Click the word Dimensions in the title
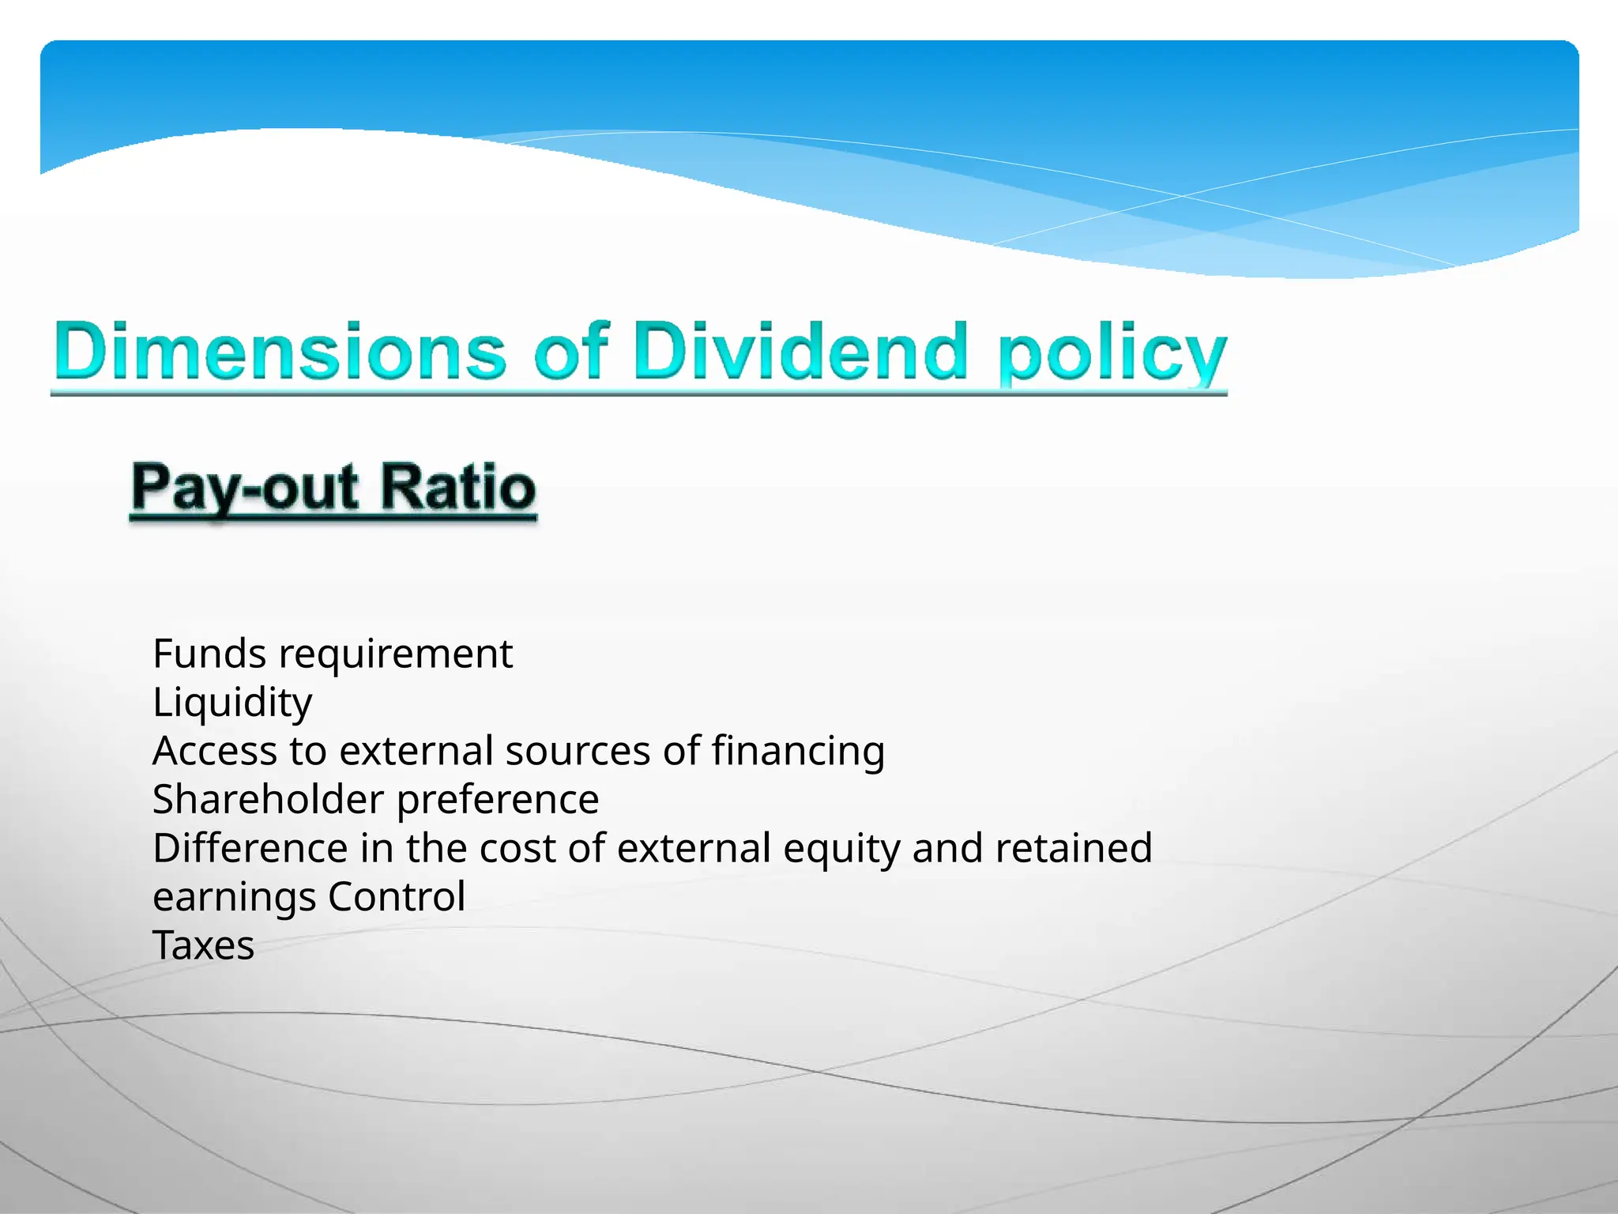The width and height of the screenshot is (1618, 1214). point(280,350)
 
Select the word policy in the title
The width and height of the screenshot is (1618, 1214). point(1112,354)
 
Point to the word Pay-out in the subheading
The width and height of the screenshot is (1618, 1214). point(245,488)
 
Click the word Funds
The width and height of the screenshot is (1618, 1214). point(209,654)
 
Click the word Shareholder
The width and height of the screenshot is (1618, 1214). point(268,800)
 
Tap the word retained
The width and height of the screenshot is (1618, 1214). point(1074,848)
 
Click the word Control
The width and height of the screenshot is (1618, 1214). point(397,897)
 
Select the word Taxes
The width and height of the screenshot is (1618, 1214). point(204,946)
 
